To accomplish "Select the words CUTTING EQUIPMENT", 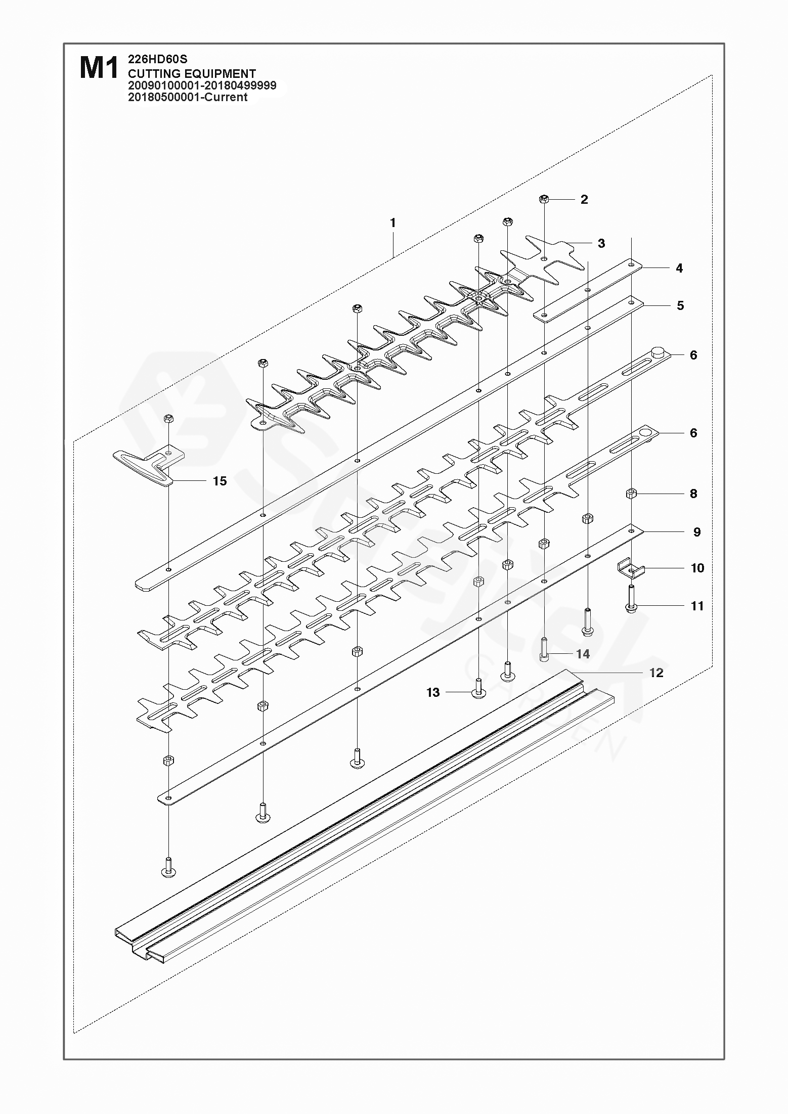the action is [192, 73].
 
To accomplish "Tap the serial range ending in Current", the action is [188, 97].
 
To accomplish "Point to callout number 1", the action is [393, 222].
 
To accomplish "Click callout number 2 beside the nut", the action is [584, 199].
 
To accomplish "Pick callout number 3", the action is [601, 243].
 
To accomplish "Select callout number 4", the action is [679, 268].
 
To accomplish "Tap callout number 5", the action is [680, 305].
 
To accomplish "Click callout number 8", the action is [693, 494].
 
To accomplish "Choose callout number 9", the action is [696, 532].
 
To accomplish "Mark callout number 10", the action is [697, 568].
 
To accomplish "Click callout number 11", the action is [697, 606].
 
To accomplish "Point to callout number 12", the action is [656, 673].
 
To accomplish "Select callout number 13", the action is [433, 692].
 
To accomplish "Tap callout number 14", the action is [583, 654].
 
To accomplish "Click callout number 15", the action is [220, 481].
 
